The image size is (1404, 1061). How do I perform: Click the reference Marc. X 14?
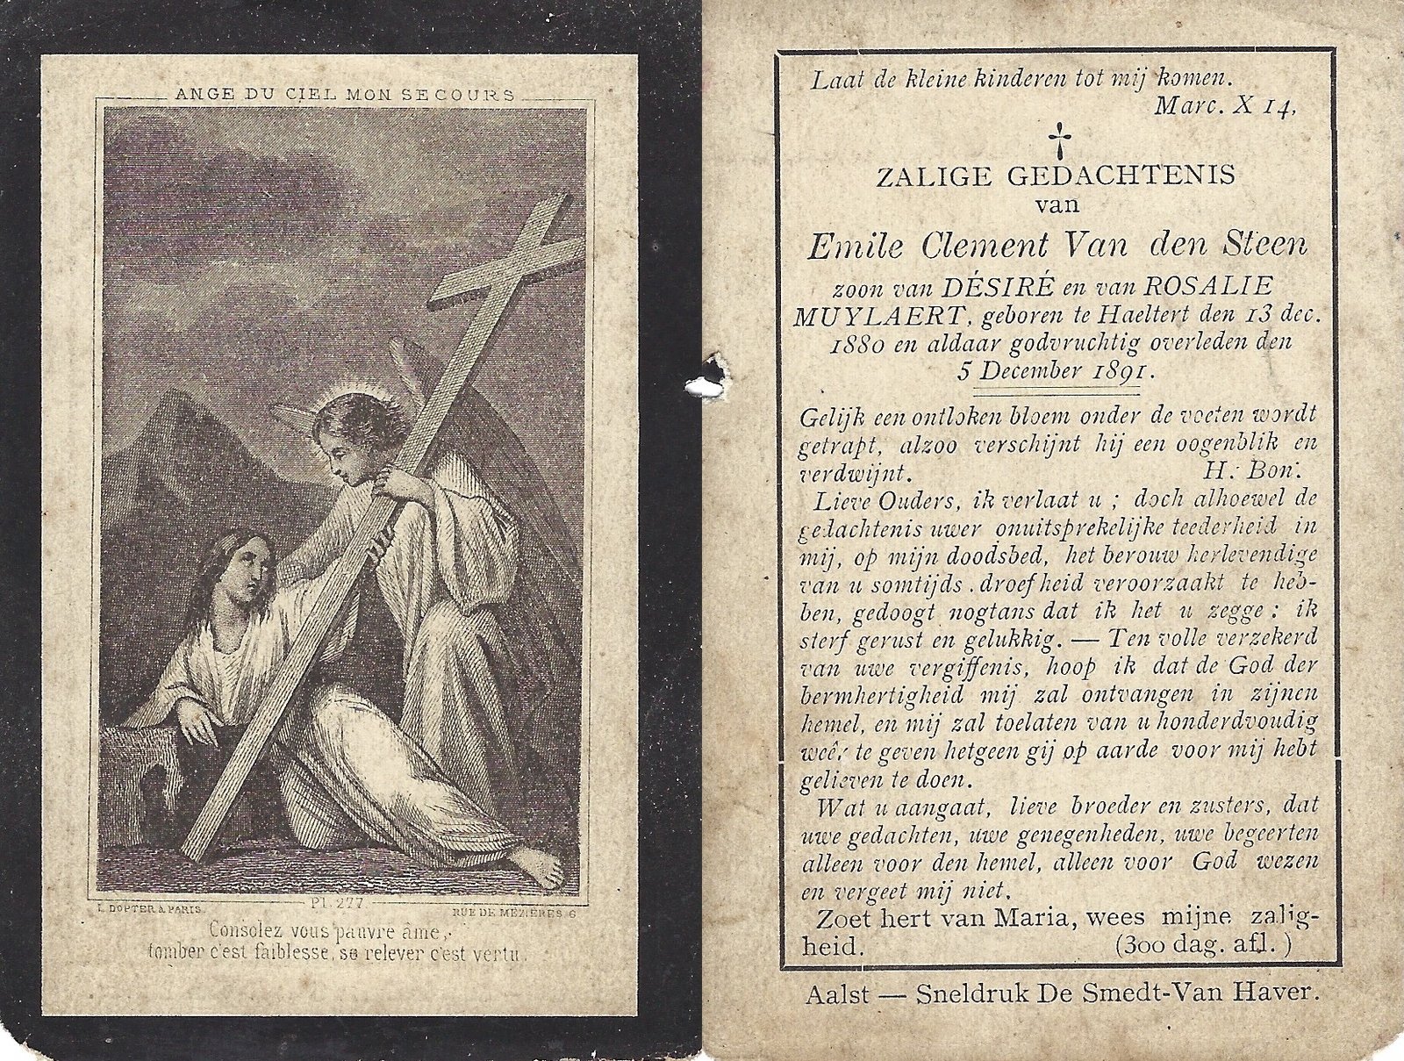coord(1224,107)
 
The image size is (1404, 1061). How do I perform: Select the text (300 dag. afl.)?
coord(1204,946)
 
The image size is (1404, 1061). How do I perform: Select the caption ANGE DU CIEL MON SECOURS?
coord(344,94)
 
